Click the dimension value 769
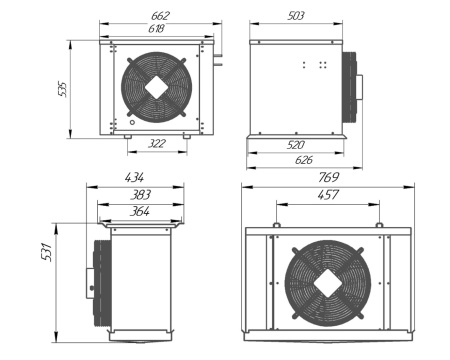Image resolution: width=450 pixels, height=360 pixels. tap(328, 177)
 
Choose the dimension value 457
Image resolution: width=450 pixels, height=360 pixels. tap(328, 194)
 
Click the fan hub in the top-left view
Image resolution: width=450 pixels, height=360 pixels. tap(157, 86)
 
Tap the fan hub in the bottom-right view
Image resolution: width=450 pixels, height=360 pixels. tap(328, 283)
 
